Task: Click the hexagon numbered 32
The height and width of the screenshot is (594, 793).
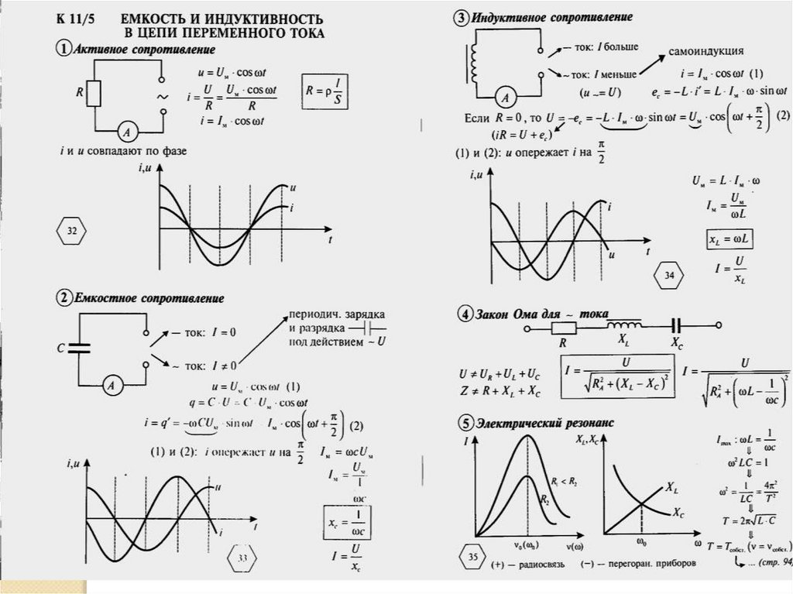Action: pos(72,231)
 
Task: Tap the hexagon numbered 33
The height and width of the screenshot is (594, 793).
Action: pos(242,558)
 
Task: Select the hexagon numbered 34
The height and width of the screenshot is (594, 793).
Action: pos(669,274)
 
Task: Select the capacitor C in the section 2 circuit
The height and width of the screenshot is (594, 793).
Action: pos(81,349)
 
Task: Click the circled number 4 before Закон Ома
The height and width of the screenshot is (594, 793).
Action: pos(463,315)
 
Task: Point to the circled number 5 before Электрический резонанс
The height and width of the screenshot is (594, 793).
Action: pos(463,423)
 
